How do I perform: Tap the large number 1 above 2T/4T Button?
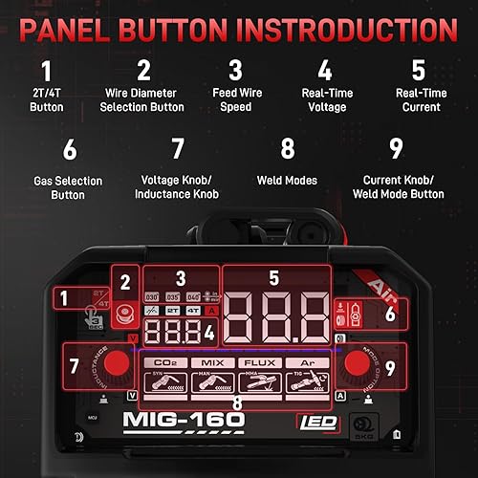[x=46, y=71]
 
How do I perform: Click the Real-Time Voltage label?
[x=325, y=99]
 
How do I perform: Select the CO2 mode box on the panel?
[x=164, y=363]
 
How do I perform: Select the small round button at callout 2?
[x=122, y=312]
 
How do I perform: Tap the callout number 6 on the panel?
[x=391, y=313]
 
